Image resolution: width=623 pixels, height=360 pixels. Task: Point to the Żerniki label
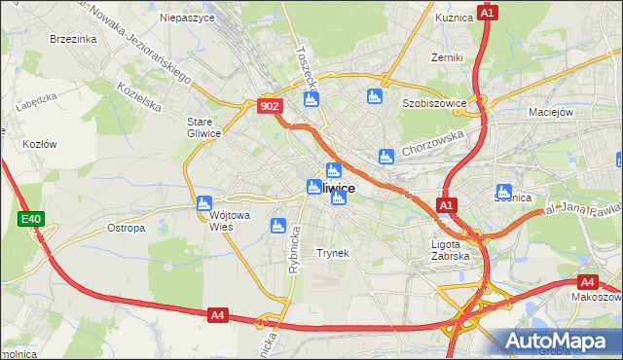446,57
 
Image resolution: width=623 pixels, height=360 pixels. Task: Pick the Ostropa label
126,228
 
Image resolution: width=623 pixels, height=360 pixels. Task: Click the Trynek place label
333,253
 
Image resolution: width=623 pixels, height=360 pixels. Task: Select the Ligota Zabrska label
450,250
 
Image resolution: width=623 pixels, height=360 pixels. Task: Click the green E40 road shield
30,220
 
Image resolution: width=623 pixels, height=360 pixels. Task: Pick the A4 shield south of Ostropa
218,314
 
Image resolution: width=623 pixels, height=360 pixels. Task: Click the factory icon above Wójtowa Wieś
204,204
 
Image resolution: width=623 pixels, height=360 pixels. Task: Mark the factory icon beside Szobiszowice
373,96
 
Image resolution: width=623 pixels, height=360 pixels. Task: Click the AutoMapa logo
556,341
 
